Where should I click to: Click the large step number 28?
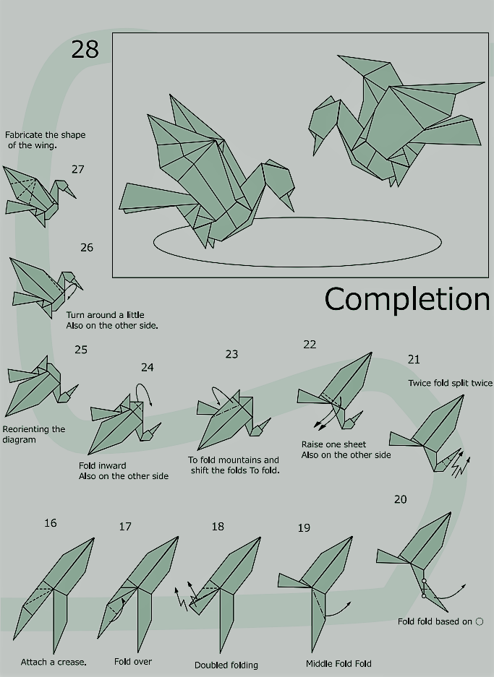pos(85,49)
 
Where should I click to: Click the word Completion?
pos(407,299)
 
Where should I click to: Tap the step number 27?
pos(78,169)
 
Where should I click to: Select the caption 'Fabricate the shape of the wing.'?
pos(45,140)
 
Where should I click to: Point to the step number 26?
pos(87,247)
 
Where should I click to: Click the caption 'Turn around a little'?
pos(105,315)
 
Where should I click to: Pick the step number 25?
pos(81,350)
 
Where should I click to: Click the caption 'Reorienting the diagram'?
pos(34,434)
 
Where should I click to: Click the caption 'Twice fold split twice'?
pos(450,383)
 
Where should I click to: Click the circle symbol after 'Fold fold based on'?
pos(480,622)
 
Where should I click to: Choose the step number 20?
pos(400,499)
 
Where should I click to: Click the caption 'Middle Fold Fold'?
pos(338,663)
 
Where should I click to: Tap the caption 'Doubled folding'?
pos(226,665)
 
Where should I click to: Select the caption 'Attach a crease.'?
pos(54,662)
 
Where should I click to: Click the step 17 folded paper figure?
pos(138,594)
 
